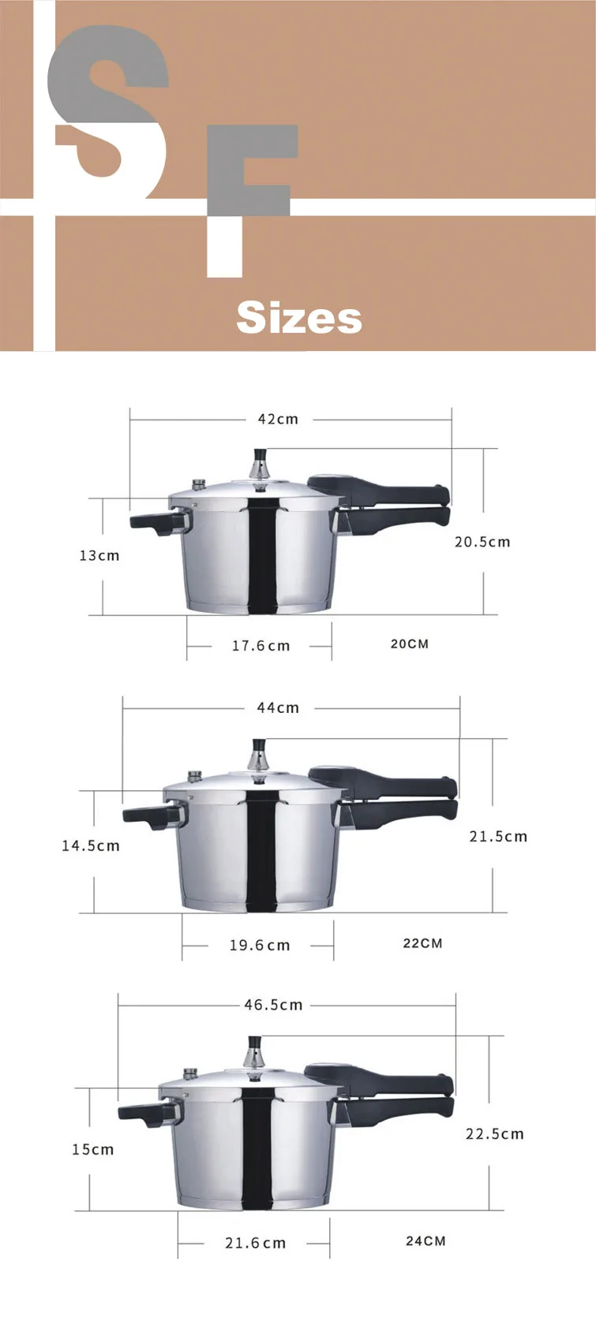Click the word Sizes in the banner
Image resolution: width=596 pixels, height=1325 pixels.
[298, 318]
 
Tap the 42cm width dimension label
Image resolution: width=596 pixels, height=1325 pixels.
[278, 419]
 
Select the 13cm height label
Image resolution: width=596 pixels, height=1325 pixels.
[99, 555]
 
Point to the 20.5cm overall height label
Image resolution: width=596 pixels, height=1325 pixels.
[482, 542]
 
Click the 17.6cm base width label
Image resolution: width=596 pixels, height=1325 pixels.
[261, 646]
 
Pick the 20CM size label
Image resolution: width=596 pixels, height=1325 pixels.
[410, 644]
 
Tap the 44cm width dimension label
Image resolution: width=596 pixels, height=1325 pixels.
[278, 707]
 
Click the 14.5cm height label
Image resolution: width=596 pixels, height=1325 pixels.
[91, 845]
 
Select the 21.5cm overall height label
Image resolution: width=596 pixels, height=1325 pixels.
[498, 836]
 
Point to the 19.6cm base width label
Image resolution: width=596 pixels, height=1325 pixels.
[260, 945]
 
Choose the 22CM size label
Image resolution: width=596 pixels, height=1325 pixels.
[422, 943]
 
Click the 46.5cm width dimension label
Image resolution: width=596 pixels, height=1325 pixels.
[273, 1005]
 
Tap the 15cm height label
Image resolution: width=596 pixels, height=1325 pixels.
[93, 1149]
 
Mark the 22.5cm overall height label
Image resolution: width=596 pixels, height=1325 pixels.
[494, 1133]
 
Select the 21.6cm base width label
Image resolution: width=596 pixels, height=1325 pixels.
[255, 1243]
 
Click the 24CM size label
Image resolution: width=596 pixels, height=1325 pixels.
[425, 1241]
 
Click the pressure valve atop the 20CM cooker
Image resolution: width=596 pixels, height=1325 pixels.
[259, 464]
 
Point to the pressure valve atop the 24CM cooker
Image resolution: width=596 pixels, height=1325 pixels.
[255, 1051]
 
